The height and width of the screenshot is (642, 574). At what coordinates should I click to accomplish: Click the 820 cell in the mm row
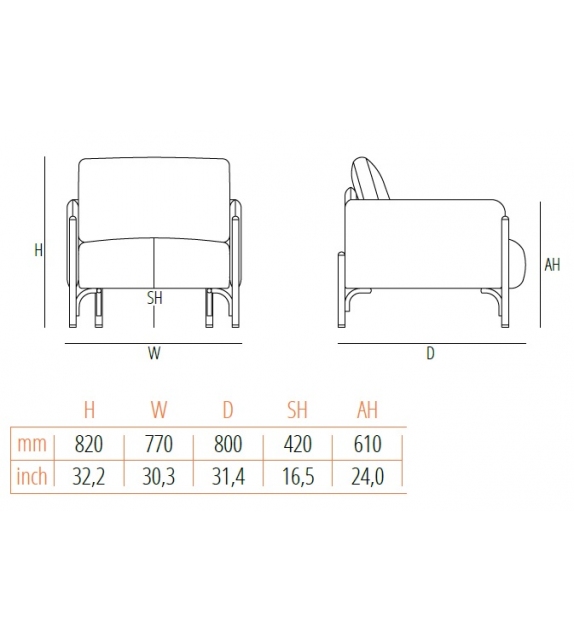click(89, 444)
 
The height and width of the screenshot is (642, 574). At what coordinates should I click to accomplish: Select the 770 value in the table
click(158, 444)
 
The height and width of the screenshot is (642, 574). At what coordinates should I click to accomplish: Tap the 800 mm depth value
click(228, 444)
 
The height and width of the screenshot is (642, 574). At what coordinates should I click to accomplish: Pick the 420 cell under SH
click(298, 444)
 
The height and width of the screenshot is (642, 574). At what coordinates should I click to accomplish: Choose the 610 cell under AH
click(367, 444)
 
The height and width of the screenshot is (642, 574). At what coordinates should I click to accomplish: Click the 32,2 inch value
click(89, 476)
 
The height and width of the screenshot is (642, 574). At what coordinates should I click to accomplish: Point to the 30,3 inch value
click(158, 476)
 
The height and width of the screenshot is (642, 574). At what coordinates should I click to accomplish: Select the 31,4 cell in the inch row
click(228, 476)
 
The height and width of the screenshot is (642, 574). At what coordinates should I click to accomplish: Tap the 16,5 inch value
click(298, 476)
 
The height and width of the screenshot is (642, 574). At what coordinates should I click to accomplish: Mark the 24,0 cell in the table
click(367, 476)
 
